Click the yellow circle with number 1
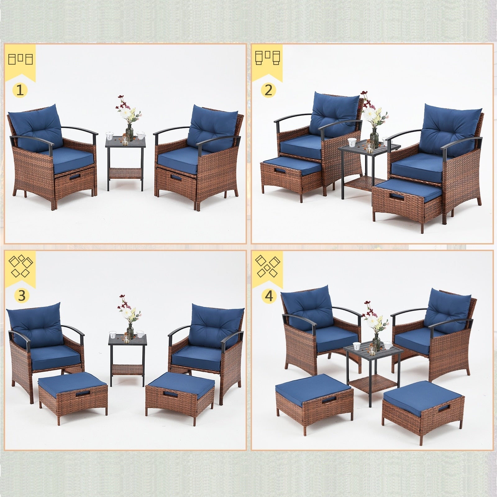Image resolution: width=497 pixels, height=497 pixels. click(20, 90)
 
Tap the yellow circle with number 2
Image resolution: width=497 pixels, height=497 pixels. click(268, 90)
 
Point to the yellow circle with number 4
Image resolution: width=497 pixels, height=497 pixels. click(269, 296)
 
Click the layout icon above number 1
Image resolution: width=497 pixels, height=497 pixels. click(21, 59)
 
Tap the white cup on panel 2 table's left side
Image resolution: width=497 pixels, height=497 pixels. click(352, 142)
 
